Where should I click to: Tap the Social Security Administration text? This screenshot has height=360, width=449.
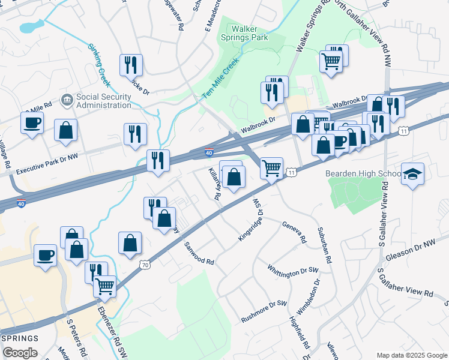click(x=103, y=101)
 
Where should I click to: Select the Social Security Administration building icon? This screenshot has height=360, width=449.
click(x=67, y=98)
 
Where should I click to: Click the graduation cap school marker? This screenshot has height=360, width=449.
click(x=412, y=175)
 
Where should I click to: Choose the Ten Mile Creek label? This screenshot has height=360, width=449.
click(x=220, y=78)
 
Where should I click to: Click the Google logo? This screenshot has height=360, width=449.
click(x=20, y=353)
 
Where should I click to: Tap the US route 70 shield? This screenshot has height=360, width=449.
click(x=144, y=264)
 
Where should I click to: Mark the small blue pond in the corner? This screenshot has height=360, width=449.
click(x=31, y=26)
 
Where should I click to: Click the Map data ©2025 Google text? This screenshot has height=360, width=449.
click(x=411, y=355)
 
